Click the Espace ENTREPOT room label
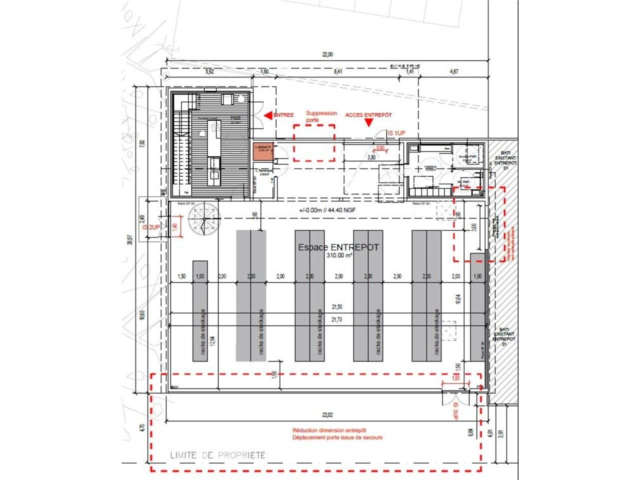point(338,247)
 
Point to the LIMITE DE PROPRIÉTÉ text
point(217,455)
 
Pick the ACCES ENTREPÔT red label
point(368,115)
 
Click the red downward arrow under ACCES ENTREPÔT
point(369,124)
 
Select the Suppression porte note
point(321,116)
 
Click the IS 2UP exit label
point(151,227)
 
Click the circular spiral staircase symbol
point(204,220)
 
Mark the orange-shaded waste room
point(262,152)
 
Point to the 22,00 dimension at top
point(327,55)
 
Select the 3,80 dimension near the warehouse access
point(371,157)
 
